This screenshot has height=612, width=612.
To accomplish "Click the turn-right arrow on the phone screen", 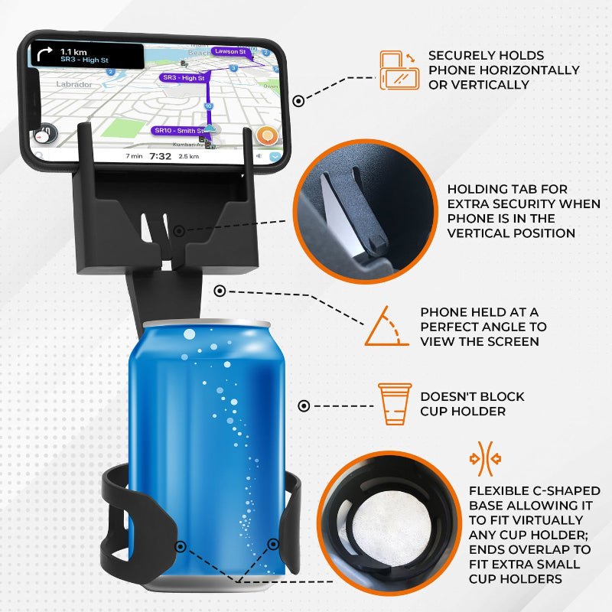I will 44,56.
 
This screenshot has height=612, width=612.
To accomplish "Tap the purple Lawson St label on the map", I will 229,51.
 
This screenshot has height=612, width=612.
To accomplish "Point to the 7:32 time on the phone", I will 160,156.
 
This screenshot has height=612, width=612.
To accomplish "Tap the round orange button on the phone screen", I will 266,136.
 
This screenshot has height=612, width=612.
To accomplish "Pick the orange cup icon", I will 395,404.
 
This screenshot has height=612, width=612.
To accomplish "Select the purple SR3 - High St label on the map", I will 183,78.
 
